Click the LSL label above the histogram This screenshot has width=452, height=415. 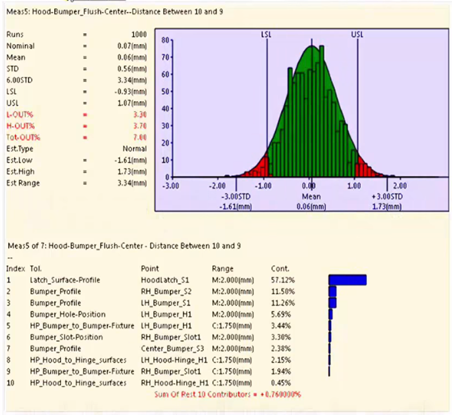(267, 34)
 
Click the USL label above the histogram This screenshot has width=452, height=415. (357, 34)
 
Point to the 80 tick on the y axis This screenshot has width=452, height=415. (164, 40)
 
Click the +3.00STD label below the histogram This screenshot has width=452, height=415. (387, 195)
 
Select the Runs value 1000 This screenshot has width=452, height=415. (139, 35)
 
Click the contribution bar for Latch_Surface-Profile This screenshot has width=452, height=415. (347, 280)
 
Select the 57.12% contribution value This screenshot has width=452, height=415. (282, 280)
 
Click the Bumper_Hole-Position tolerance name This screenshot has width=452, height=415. (67, 314)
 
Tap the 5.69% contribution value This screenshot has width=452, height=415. (280, 314)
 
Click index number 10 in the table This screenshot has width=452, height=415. (10, 383)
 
